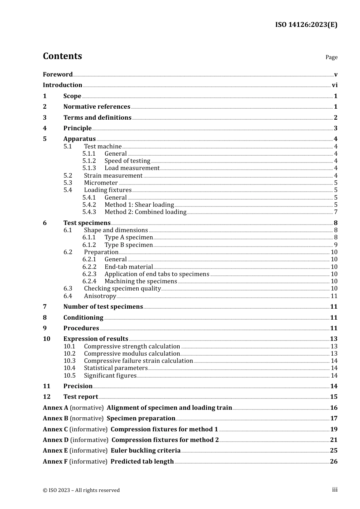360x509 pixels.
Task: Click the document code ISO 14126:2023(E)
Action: (306, 25)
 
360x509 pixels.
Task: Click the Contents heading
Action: (62, 56)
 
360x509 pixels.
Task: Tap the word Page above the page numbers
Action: (331, 57)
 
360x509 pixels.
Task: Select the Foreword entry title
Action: (58, 75)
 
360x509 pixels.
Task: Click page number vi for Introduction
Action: (335, 85)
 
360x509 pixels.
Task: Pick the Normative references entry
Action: (97, 107)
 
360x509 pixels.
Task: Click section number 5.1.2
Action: (89, 161)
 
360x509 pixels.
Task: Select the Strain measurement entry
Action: (113, 176)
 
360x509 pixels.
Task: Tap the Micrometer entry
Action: (101, 183)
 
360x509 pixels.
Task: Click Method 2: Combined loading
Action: (146, 212)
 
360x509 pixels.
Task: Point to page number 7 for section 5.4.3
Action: (335, 212)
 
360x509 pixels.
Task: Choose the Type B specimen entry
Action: (128, 245)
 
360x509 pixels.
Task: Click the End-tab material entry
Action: (128, 267)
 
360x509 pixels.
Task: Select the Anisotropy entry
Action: (100, 296)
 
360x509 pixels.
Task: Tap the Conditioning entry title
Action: (83, 318)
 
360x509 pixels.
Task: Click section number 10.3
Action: (69, 361)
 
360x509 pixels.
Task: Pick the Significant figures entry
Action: (110, 376)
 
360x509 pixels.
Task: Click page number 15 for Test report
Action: (333, 397)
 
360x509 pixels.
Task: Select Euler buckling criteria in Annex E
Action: (146, 451)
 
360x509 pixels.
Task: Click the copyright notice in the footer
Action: (81, 490)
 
